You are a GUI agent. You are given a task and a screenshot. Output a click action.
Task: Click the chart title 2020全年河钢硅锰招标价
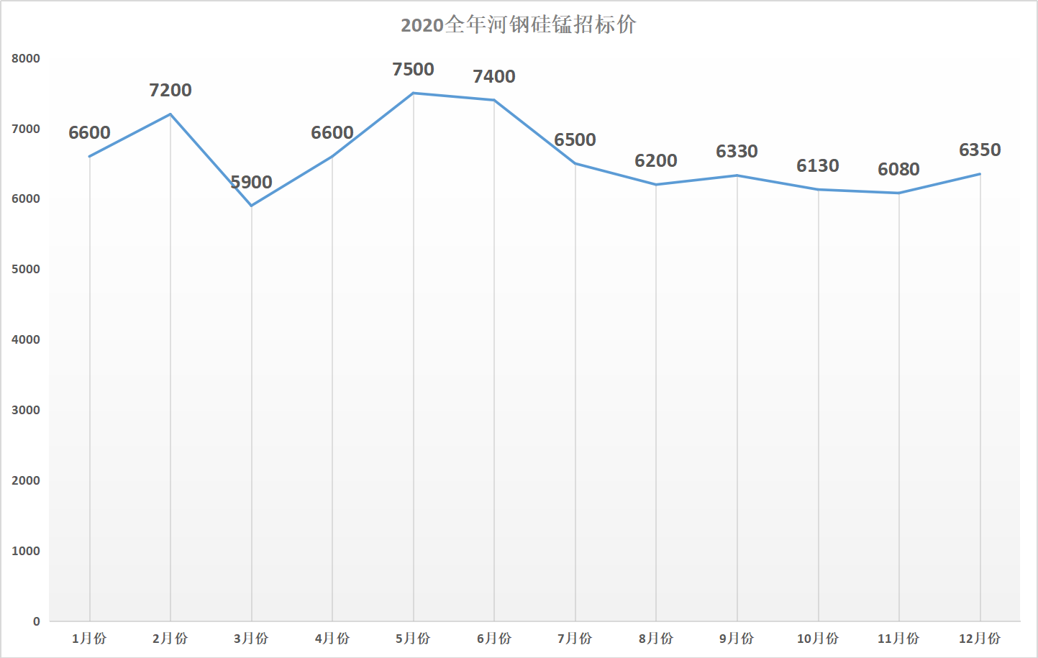click(x=518, y=25)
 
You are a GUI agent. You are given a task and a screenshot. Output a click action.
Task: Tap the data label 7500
click(x=413, y=70)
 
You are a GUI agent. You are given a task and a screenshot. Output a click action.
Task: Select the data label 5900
click(x=251, y=183)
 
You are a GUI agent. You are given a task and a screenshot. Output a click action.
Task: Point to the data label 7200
click(x=170, y=91)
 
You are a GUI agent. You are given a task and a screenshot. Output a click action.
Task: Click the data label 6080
click(x=898, y=170)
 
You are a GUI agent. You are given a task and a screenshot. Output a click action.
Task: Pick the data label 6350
click(x=980, y=150)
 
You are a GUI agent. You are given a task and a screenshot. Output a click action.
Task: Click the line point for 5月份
click(x=413, y=93)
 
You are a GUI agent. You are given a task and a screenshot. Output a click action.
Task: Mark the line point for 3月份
click(x=251, y=206)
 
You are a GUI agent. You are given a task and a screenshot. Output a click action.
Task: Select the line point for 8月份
click(x=656, y=185)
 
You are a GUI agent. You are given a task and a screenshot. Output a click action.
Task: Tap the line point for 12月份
click(x=980, y=174)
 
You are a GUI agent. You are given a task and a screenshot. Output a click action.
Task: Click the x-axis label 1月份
click(x=89, y=639)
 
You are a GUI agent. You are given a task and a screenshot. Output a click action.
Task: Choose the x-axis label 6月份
click(x=494, y=639)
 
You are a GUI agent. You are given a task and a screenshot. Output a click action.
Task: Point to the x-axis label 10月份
click(x=818, y=639)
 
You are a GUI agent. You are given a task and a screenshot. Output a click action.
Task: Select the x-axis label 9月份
click(x=737, y=639)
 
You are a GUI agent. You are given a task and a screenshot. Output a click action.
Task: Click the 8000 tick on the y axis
click(x=26, y=59)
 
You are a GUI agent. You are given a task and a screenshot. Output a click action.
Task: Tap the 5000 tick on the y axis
click(x=26, y=270)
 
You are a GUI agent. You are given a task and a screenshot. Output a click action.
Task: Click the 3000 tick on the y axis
click(x=26, y=411)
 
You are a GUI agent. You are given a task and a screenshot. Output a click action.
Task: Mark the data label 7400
click(x=494, y=77)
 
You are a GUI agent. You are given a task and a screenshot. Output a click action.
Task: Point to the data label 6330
click(x=737, y=152)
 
